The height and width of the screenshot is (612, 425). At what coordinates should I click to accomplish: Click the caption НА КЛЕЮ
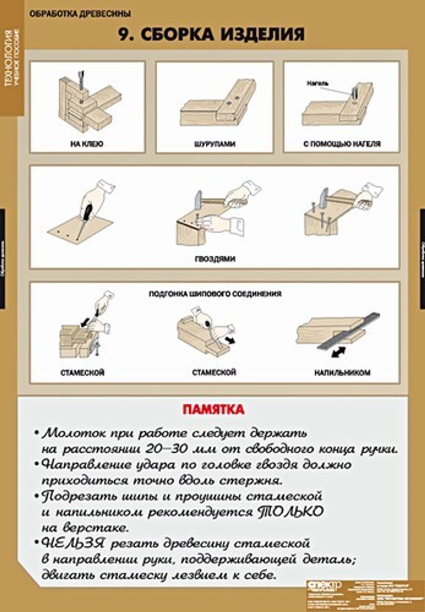(x=87, y=144)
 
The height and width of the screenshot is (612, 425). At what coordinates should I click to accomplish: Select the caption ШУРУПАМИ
(x=215, y=144)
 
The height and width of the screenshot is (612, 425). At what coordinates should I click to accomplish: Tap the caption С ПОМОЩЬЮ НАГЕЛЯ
(x=342, y=144)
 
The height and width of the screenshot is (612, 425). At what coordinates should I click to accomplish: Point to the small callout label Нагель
(x=317, y=84)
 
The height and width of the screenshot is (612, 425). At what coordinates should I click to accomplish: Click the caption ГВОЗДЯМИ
(x=215, y=259)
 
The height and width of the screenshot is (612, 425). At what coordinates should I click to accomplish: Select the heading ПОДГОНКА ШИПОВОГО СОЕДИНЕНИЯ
(x=215, y=293)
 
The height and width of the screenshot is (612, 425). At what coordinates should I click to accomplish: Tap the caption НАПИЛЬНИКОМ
(x=342, y=372)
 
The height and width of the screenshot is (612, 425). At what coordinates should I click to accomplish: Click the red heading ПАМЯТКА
(x=213, y=409)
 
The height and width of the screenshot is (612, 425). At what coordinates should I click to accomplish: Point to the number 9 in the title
(x=123, y=34)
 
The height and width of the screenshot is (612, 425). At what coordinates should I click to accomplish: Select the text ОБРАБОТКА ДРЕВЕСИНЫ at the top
(x=80, y=14)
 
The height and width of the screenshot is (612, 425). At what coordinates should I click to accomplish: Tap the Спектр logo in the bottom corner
(x=324, y=585)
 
